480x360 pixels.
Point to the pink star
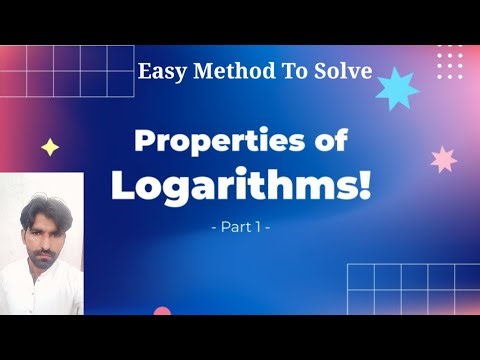(443, 159)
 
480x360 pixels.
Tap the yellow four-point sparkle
(50, 148)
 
